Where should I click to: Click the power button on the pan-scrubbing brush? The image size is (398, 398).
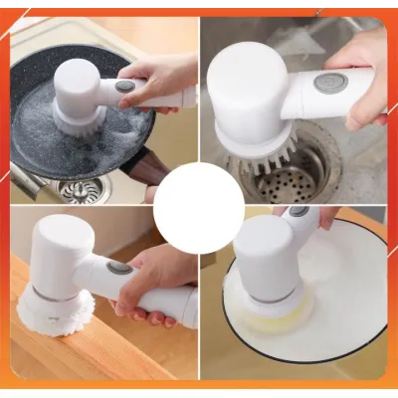click(124, 87)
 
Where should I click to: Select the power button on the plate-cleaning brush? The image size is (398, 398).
click(298, 211)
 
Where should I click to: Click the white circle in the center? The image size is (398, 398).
click(199, 207)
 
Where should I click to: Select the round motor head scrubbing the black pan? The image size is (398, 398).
click(79, 85)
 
